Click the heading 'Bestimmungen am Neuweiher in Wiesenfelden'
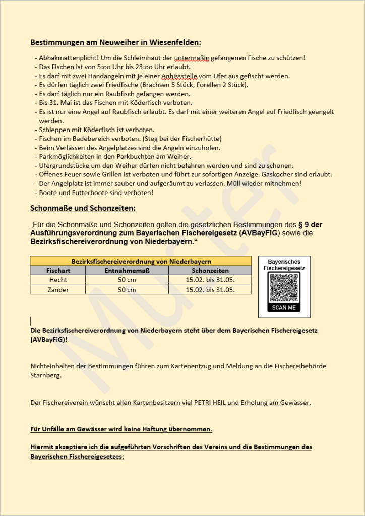coord(115,42)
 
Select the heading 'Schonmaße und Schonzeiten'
coord(83,208)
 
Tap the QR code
coord(284,288)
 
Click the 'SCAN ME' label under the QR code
coord(284,307)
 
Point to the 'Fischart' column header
coord(58,271)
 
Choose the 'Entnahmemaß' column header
coord(127,271)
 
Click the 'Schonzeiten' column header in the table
coord(210,271)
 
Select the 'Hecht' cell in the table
coord(58,280)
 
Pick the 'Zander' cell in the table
coord(58,290)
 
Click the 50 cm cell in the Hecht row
coord(127,280)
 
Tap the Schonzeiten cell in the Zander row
coord(210,290)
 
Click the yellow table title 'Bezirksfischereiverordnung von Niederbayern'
coord(141,261)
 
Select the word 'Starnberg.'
coord(46,375)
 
